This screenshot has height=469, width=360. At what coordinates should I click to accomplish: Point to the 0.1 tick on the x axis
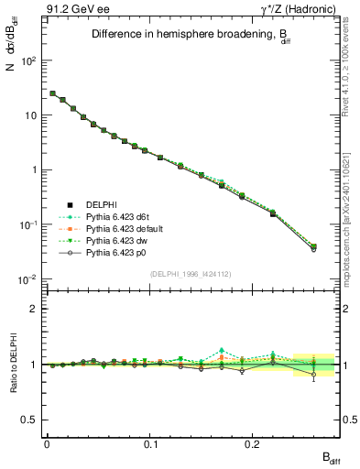tap(150, 442)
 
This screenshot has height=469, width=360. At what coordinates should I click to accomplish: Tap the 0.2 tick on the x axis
tap(254, 442)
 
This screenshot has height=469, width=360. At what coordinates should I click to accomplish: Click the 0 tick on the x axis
tap(47, 442)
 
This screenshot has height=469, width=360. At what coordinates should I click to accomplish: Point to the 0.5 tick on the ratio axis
tap(31, 420)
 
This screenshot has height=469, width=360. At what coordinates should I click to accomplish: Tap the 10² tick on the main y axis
tap(30, 60)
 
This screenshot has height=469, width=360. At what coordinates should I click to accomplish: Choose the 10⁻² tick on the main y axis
tap(30, 278)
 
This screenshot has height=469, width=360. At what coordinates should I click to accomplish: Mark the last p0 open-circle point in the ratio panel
tap(314, 374)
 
